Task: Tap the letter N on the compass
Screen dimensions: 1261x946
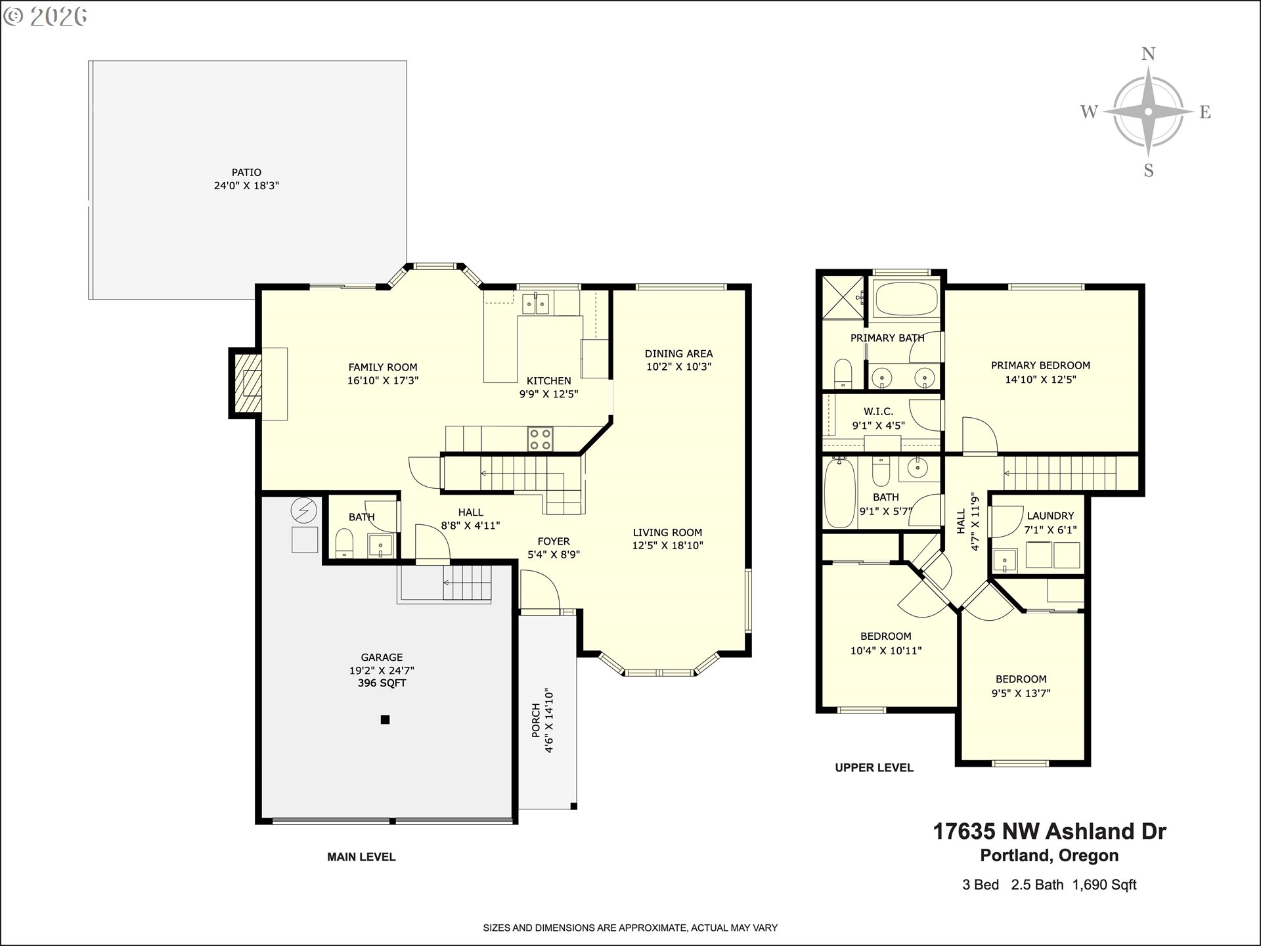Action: coord(1148,54)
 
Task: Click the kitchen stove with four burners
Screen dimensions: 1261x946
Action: coord(541,439)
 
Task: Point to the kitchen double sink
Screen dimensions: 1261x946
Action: coord(536,304)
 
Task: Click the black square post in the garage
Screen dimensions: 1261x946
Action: coord(386,719)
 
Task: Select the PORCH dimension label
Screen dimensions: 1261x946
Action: coord(542,720)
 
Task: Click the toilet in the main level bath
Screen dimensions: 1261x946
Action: coord(344,543)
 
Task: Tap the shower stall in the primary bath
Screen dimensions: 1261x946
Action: coord(844,298)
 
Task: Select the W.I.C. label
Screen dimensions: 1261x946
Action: coord(879,412)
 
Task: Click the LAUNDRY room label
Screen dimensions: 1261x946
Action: coord(1051,516)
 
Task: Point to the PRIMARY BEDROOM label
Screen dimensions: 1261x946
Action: coord(1041,365)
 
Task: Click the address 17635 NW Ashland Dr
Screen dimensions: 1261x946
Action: coord(1050,831)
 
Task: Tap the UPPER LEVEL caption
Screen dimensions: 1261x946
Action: coord(874,767)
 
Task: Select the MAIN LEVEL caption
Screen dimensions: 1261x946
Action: coord(361,857)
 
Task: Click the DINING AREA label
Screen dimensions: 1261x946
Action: coord(678,353)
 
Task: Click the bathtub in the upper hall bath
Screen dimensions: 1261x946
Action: coord(839,493)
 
